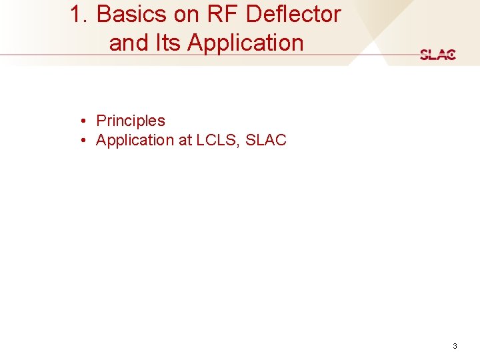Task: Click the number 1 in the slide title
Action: click(77, 14)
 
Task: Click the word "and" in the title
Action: click(129, 43)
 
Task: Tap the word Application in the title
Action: click(245, 43)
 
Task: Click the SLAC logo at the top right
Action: click(438, 55)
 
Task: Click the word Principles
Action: click(131, 121)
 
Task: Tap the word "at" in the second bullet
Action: click(185, 141)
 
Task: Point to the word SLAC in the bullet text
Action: click(266, 140)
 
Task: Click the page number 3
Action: click(455, 346)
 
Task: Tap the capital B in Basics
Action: click(103, 14)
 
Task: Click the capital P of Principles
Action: click(101, 121)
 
